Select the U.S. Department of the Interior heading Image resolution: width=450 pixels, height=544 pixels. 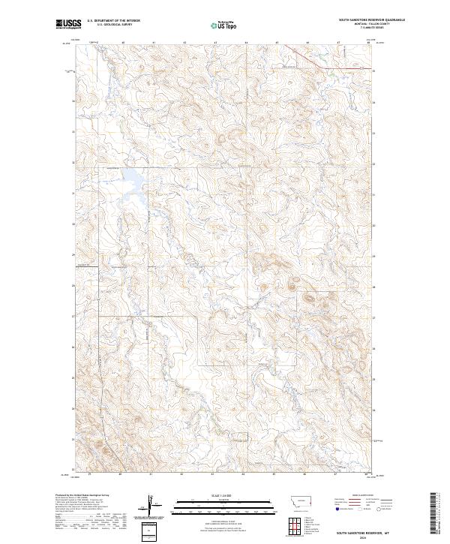tap(113, 21)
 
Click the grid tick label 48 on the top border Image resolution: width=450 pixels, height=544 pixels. tap(369, 43)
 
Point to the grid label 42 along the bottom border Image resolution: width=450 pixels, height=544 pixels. tap(182, 475)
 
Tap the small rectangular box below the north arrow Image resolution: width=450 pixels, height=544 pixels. tap(148, 531)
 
